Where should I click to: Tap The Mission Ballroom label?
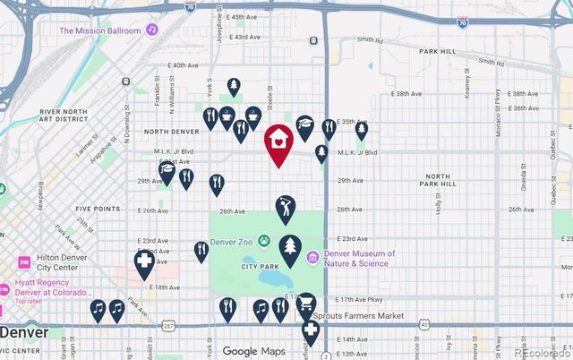[x=100, y=30]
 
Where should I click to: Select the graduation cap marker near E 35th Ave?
[x=304, y=125]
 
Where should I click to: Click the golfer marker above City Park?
[x=286, y=209]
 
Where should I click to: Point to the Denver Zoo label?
[x=233, y=241]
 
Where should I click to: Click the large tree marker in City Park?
[x=289, y=248]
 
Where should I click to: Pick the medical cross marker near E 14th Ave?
[x=310, y=332]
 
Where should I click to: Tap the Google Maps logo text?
[x=252, y=351]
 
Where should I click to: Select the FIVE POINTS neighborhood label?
[x=98, y=209]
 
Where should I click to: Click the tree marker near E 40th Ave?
[x=233, y=87]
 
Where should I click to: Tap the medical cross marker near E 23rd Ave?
[x=142, y=263]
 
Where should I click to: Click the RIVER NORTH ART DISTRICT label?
[x=61, y=116]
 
